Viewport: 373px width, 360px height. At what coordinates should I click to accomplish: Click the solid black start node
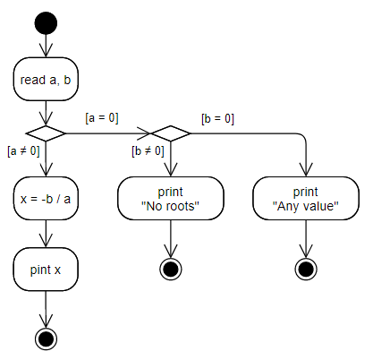tap(46, 23)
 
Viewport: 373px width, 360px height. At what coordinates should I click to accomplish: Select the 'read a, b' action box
tap(46, 79)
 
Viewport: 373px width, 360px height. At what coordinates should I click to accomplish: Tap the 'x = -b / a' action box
tap(46, 199)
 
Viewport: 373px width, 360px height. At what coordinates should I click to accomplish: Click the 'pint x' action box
tap(46, 270)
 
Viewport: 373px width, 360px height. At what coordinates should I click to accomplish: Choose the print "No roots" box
tap(171, 199)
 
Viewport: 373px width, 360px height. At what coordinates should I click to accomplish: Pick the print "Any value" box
tap(306, 199)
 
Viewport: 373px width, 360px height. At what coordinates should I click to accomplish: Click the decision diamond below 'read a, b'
tap(46, 133)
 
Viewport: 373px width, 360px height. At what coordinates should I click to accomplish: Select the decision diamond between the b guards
tap(171, 133)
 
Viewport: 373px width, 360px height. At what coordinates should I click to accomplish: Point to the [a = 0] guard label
tap(102, 117)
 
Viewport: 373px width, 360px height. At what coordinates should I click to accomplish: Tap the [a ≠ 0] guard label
tap(23, 150)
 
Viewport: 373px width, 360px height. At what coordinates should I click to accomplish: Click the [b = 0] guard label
tap(217, 118)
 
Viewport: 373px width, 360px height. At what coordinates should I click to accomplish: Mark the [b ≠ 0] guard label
tap(148, 150)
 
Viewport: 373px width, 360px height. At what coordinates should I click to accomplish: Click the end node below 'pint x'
tap(46, 339)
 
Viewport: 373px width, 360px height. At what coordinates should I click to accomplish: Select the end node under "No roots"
tap(171, 269)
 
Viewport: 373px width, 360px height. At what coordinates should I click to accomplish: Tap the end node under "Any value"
tap(306, 269)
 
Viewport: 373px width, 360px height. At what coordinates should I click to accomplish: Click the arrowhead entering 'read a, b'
tap(46, 50)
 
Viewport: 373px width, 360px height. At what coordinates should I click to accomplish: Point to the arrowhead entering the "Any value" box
tap(306, 169)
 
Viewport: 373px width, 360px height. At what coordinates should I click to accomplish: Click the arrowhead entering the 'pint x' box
tap(46, 241)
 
